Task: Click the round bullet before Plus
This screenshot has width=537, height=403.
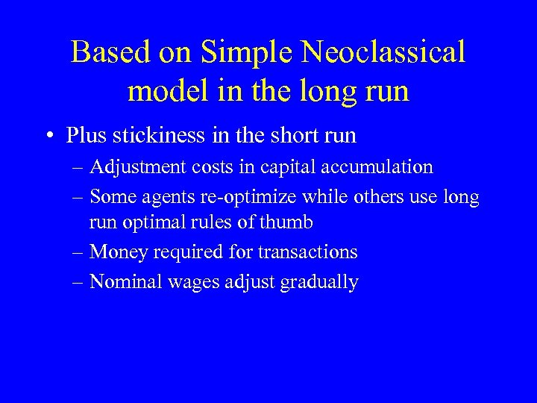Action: coord(50,136)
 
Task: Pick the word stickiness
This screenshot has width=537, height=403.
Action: coord(157,136)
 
